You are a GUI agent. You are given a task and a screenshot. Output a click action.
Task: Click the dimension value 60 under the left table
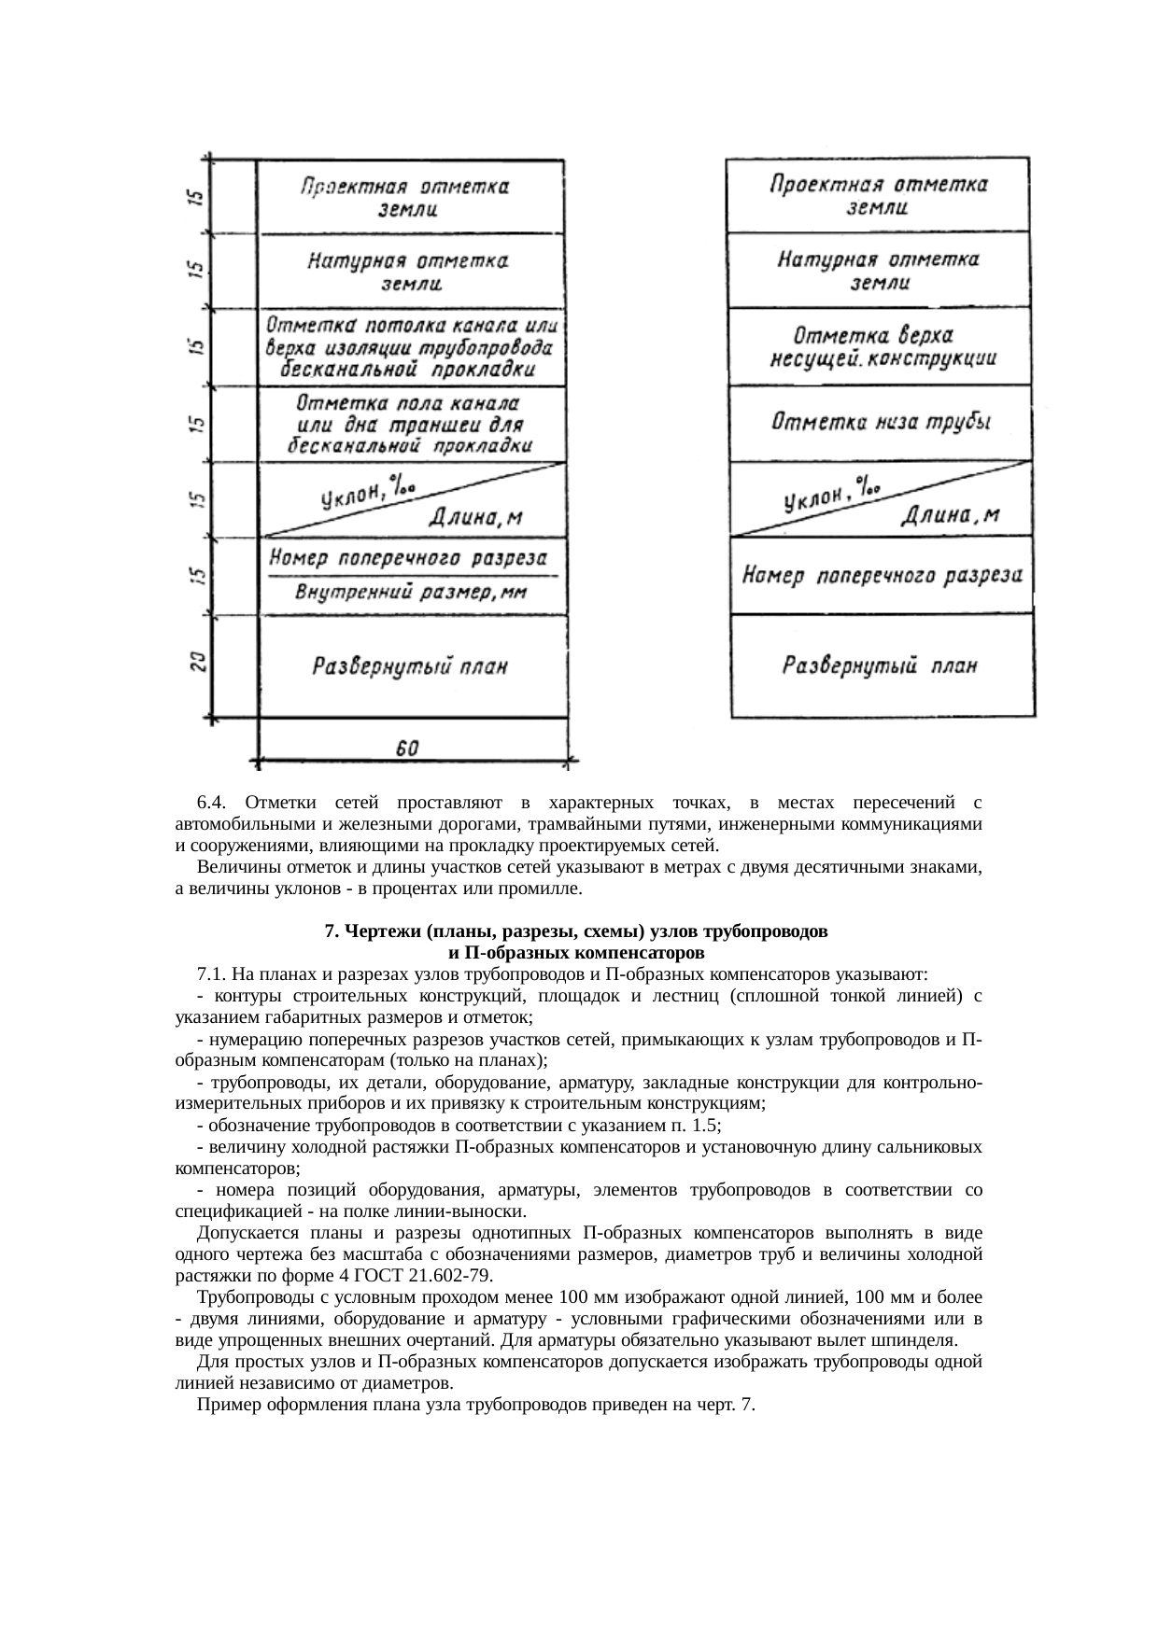tap(407, 749)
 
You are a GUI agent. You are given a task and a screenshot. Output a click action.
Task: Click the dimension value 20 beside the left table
tap(198, 665)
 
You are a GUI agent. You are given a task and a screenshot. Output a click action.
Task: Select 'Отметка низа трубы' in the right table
tap(881, 422)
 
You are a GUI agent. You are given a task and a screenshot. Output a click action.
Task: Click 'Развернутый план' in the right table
tap(880, 666)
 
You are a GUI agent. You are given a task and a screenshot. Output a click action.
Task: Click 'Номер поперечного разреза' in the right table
tap(882, 576)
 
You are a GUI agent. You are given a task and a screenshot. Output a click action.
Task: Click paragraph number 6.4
tap(212, 803)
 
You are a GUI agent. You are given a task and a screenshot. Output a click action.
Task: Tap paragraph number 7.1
tap(212, 974)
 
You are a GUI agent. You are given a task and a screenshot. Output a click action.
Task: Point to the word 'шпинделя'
tap(920, 1340)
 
